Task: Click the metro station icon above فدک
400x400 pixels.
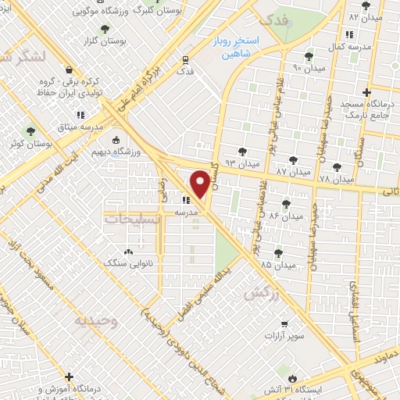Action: click(x=184, y=59)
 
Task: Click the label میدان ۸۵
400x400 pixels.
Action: click(x=279, y=265)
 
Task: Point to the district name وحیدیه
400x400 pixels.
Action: click(x=96, y=320)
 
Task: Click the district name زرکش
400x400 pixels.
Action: click(x=260, y=294)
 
